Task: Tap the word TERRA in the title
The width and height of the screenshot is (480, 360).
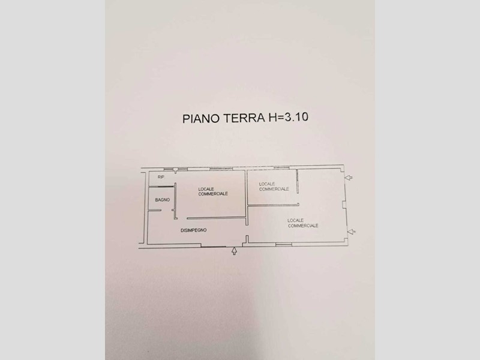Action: [244, 118]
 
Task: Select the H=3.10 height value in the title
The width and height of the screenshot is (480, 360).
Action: [288, 117]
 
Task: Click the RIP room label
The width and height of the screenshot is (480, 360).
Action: [161, 177]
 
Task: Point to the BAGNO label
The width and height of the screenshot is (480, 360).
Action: [162, 200]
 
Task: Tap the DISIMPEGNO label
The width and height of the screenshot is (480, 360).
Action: [193, 230]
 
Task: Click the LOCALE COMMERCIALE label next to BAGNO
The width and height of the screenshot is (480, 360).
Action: [213, 191]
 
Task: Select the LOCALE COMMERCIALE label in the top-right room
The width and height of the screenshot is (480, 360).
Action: [274, 187]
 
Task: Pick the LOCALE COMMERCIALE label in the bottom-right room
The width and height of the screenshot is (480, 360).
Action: [303, 223]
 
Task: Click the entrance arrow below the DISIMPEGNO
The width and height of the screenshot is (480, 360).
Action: [234, 251]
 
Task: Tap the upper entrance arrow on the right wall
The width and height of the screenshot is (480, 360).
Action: [349, 177]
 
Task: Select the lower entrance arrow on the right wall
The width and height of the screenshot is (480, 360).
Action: [351, 232]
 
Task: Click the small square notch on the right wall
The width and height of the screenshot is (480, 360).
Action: [344, 204]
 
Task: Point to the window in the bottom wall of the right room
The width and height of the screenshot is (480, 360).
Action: [284, 244]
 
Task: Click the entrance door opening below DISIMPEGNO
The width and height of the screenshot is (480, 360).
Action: [214, 246]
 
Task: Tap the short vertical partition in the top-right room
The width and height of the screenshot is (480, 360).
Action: [297, 182]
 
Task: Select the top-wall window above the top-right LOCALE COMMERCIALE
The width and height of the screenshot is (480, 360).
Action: [281, 167]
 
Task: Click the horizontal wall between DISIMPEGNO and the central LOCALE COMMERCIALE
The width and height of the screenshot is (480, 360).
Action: [216, 218]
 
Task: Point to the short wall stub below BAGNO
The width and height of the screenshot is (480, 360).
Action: [155, 210]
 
